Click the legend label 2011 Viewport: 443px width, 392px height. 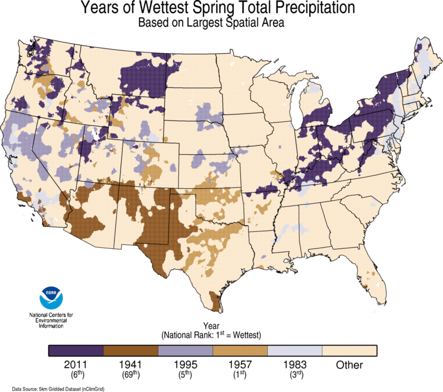click(76, 365)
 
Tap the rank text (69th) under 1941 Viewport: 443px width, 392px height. click(131, 375)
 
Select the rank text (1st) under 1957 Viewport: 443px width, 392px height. click(240, 375)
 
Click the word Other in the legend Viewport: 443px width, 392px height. click(349, 365)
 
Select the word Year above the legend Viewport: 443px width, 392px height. click(211, 326)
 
